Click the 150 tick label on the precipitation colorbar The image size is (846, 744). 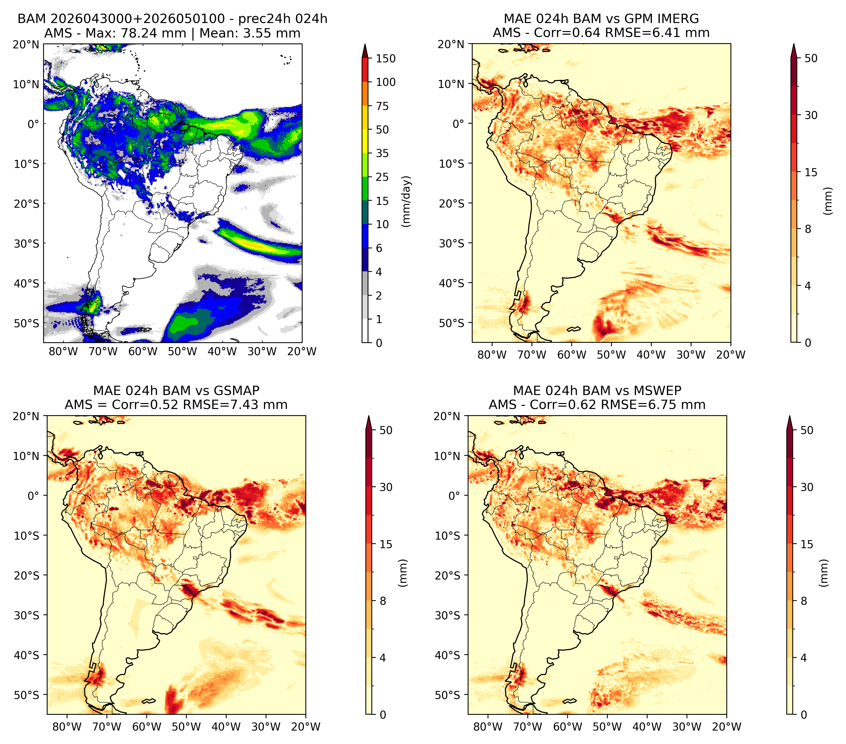(x=386, y=58)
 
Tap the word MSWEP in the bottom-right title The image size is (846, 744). (x=660, y=391)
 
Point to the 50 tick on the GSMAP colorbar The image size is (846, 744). (x=386, y=430)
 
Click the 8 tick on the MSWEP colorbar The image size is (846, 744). (x=804, y=601)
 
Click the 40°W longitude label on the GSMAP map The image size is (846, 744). (x=226, y=727)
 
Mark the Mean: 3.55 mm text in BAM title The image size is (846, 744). (x=250, y=33)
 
